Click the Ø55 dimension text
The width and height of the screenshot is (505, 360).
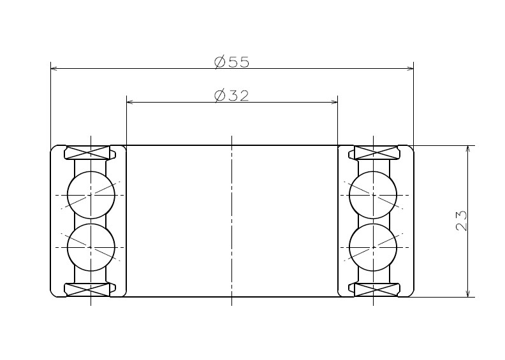232,62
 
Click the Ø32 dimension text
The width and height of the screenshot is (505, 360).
232,96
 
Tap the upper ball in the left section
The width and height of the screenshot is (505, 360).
91,194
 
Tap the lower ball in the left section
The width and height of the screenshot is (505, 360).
91,247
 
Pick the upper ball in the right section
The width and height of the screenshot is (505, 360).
373,194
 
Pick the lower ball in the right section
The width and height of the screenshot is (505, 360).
373,247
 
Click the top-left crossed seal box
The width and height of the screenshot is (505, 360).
91,153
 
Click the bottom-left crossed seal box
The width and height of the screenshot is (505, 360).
91,289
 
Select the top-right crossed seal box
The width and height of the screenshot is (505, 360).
373,153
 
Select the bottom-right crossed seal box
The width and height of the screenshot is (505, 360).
373,289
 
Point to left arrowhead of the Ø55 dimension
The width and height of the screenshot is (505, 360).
54,68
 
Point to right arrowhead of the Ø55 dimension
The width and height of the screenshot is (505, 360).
410,68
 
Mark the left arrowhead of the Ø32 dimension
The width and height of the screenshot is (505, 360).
131,101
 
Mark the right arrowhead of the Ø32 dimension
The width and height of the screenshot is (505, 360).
333,101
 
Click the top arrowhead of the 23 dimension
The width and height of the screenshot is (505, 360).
469,150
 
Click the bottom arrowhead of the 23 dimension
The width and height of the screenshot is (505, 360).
469,293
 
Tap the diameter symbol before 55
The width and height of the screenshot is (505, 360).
220,62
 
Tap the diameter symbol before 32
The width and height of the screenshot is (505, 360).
220,96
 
